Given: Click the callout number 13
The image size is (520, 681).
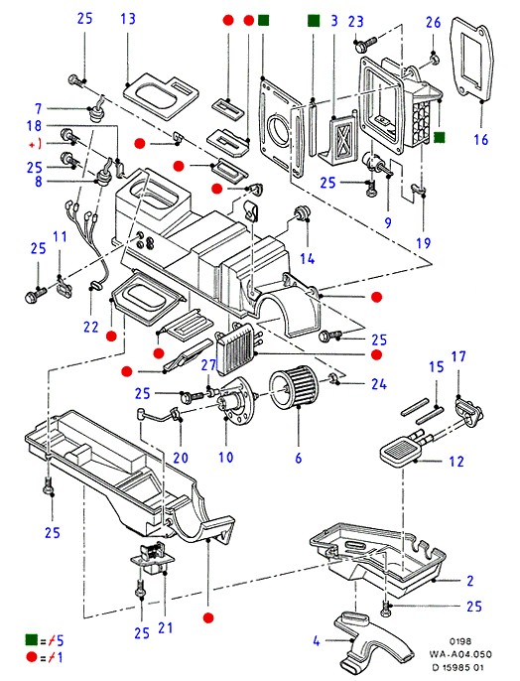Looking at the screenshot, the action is coord(128,19).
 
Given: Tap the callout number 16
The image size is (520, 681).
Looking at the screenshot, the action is coord(481,140).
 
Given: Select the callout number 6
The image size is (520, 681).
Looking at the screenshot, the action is coord(298,458).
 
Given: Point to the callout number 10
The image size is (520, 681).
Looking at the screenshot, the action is coord(225,457).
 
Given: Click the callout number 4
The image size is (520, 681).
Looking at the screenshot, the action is coord(317,641).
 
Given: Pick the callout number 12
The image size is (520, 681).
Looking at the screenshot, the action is coord(456,462).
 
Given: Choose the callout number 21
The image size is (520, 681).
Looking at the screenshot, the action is coord(166,627).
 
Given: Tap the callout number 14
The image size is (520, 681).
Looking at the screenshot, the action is coord(308,259).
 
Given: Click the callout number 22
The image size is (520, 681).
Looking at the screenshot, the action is coord(91,327).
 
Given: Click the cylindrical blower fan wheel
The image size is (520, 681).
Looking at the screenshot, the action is coord(294,385).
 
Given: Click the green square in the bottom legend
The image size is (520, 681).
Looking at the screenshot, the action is coord(32,639).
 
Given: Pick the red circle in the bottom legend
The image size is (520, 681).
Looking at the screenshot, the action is coord(32,657).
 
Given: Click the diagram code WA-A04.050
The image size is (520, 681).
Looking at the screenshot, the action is coord(460,654).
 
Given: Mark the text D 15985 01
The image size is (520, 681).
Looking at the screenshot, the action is coord(457,667).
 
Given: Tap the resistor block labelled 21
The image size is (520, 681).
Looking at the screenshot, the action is coord(153,557).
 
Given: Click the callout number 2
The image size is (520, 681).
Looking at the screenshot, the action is coord(470,581).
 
